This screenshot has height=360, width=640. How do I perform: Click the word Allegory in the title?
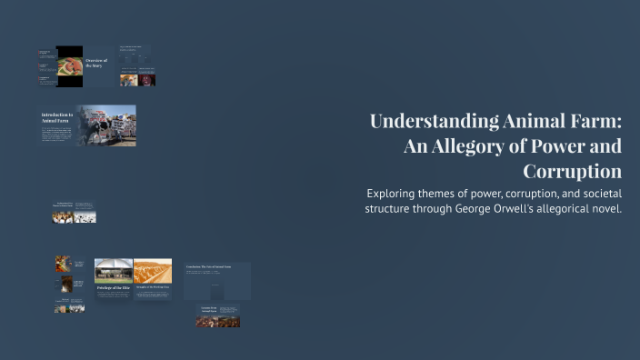465,147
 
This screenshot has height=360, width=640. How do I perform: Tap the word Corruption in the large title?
572,172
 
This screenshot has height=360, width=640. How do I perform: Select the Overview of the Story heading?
95,63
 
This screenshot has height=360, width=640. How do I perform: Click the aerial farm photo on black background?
69,66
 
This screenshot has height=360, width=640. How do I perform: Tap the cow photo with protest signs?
106,125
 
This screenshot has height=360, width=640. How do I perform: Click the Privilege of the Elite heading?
113,287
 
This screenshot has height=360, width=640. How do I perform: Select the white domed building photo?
114,270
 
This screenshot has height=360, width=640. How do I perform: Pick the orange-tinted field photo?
153,270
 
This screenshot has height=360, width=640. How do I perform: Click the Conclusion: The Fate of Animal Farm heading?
216,266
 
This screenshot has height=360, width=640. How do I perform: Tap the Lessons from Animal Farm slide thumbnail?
218,315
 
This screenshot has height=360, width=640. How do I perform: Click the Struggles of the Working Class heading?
153,287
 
